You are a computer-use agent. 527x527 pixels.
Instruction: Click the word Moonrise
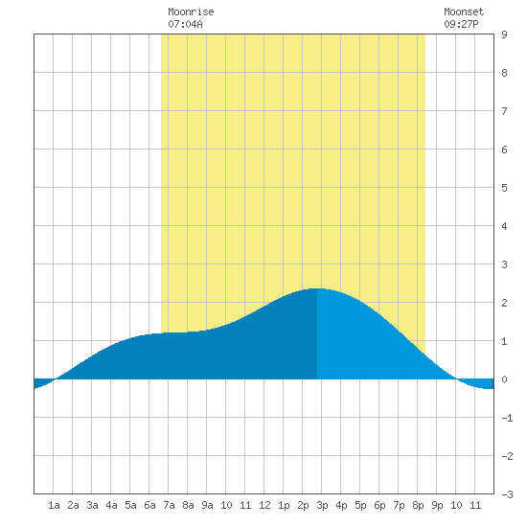tap(191, 11)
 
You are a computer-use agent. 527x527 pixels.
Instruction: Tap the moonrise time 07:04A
tap(186, 24)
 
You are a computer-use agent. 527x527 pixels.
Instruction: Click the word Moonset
tap(464, 11)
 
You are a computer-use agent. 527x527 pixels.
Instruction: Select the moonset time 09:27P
tap(461, 24)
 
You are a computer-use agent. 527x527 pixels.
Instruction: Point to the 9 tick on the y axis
tap(504, 34)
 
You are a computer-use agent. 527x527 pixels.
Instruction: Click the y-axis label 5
tap(504, 188)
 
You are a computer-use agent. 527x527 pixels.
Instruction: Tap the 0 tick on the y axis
tap(504, 379)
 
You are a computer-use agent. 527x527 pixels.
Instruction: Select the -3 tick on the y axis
tap(508, 494)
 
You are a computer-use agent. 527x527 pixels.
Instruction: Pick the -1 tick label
tap(508, 418)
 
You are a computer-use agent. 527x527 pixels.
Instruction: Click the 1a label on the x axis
tap(54, 505)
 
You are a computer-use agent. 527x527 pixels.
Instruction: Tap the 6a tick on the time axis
tap(149, 505)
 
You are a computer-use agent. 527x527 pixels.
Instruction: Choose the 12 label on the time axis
tap(264, 505)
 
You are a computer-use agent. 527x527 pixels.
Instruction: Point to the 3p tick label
tap(322, 505)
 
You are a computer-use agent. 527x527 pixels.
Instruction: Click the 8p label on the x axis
tap(418, 505)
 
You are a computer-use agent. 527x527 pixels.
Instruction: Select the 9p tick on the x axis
tap(437, 505)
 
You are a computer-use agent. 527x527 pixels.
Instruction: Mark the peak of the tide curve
tap(316, 288)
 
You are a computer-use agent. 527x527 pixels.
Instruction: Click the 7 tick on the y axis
tap(504, 111)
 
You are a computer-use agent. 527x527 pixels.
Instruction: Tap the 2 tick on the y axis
tap(504, 303)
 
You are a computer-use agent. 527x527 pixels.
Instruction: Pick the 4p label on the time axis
tap(341, 505)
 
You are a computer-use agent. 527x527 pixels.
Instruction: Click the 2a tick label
tap(73, 505)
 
